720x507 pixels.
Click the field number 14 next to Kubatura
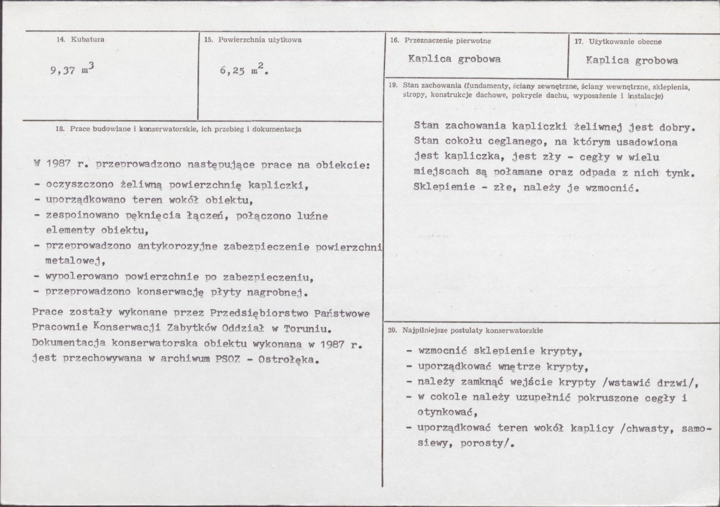coord(60,40)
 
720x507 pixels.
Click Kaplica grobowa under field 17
coord(632,61)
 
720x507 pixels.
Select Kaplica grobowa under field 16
coord(454,59)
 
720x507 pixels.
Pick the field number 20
coord(392,331)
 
